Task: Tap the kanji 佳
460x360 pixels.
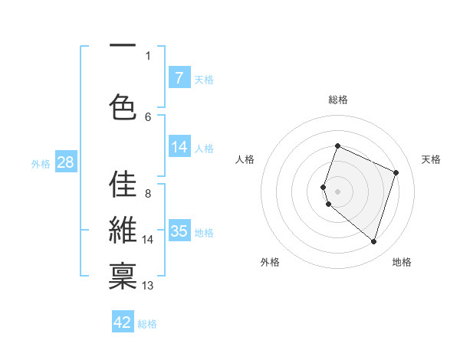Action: click(x=123, y=185)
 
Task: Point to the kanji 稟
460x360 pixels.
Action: click(x=123, y=276)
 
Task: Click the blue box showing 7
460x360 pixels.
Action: click(x=179, y=77)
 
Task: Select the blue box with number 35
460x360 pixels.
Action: click(x=179, y=231)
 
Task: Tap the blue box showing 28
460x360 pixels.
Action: click(x=65, y=162)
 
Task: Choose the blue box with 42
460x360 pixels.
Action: click(x=123, y=322)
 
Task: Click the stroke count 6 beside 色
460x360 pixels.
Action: click(x=148, y=116)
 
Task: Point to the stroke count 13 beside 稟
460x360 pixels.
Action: click(x=148, y=286)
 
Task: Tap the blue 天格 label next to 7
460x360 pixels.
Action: click(x=204, y=79)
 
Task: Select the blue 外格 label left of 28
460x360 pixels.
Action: click(x=41, y=163)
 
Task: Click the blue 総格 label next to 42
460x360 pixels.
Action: click(x=147, y=324)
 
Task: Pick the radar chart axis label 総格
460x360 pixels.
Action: click(x=338, y=100)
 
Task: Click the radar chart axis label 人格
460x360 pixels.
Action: click(x=245, y=159)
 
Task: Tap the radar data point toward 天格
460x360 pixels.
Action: click(x=396, y=172)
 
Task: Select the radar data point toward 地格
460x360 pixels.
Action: click(x=373, y=242)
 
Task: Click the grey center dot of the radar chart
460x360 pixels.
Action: click(x=338, y=191)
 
